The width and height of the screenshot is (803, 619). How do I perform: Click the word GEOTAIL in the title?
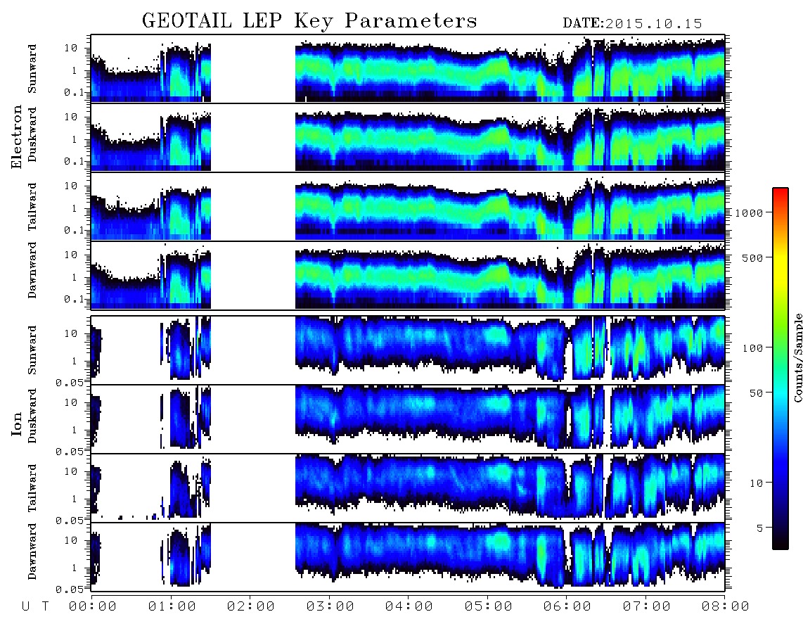pyautogui.click(x=186, y=21)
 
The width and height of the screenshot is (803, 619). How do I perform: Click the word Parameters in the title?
pyautogui.click(x=411, y=21)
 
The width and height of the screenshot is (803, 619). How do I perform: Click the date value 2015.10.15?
pyautogui.click(x=654, y=24)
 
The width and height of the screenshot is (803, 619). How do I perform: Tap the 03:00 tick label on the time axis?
pyautogui.click(x=330, y=607)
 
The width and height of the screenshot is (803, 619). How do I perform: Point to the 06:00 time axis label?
pyautogui.click(x=567, y=607)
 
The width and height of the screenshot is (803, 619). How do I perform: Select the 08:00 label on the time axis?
pyautogui.click(x=725, y=607)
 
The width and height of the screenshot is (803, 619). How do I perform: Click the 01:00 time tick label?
pyautogui.click(x=172, y=607)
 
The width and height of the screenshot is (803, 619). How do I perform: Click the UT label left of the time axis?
pyautogui.click(x=35, y=607)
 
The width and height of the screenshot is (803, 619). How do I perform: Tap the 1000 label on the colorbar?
pyautogui.click(x=749, y=213)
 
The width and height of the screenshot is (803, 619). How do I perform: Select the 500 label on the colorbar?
pyautogui.click(x=752, y=257)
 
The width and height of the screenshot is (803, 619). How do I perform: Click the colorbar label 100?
pyautogui.click(x=752, y=348)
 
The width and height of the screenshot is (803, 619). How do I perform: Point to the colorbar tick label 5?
pyautogui.click(x=760, y=528)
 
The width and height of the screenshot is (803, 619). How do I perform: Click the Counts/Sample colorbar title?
pyautogui.click(x=797, y=357)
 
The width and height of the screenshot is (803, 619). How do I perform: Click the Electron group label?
pyautogui.click(x=17, y=136)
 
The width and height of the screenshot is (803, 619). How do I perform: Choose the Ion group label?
pyautogui.click(x=17, y=423)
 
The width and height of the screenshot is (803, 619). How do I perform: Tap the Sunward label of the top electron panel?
pyautogui.click(x=32, y=69)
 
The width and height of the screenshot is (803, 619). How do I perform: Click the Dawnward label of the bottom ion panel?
pyautogui.click(x=32, y=551)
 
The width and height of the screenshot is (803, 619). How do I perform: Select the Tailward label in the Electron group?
pyautogui.click(x=32, y=207)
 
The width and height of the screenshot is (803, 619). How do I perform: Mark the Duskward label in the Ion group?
pyautogui.click(x=32, y=416)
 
